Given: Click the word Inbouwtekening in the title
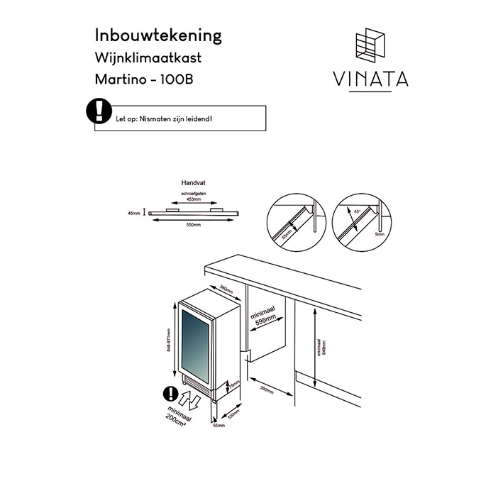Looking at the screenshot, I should [x=158, y=35].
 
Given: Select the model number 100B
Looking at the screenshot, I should [x=176, y=79].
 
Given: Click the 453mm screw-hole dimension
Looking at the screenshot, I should [x=192, y=200].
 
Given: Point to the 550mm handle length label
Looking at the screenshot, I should [x=192, y=225].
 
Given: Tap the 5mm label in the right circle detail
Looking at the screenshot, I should [x=380, y=233].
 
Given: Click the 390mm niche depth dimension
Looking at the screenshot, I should [x=265, y=389].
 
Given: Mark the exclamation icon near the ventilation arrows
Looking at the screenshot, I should [x=170, y=393].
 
